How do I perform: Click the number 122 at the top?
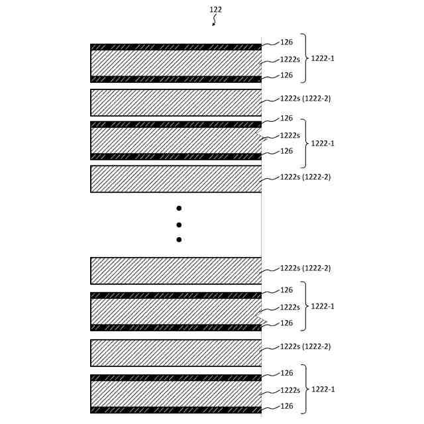tap(215, 10)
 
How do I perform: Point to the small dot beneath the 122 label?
tap(213, 25)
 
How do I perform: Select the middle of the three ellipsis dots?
tap(179, 225)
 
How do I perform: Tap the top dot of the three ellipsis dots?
tap(179, 208)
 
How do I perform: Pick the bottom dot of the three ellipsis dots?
tap(179, 240)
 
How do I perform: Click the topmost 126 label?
tap(286, 42)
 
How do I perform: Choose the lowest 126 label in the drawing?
tap(286, 405)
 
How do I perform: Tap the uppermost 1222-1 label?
tap(323, 58)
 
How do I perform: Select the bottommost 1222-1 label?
tap(323, 389)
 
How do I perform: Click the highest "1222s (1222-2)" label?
tap(305, 99)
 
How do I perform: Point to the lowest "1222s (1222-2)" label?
tap(305, 346)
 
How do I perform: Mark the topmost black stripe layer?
tap(176, 47)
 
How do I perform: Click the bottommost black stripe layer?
tap(176, 410)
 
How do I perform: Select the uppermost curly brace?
tap(305, 58)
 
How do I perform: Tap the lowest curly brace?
tap(305, 389)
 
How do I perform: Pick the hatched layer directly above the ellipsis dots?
tap(176, 179)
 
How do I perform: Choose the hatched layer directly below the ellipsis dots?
tap(176, 270)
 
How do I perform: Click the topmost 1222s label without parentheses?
tap(290, 59)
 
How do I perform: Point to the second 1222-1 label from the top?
tap(323, 143)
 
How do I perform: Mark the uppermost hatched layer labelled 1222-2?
tap(176, 103)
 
